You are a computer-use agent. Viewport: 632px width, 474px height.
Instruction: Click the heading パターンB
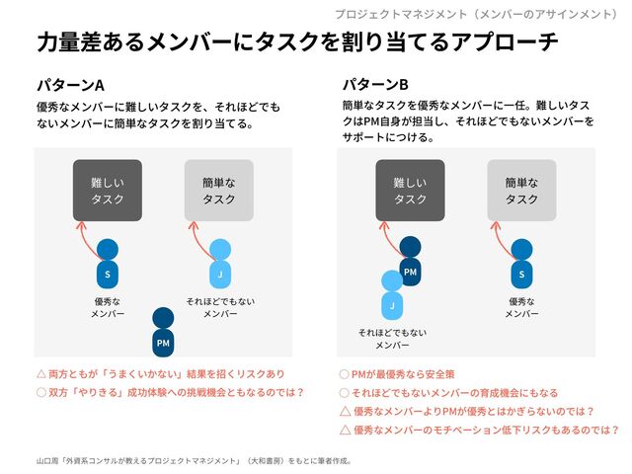pyautogui.click(x=375, y=84)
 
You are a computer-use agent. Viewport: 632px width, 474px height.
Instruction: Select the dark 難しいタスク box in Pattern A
pyautogui.click(x=107, y=191)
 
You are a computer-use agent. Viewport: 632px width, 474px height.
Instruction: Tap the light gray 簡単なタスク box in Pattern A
pyautogui.click(x=218, y=191)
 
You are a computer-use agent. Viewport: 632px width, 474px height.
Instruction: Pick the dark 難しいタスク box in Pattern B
pyautogui.click(x=410, y=191)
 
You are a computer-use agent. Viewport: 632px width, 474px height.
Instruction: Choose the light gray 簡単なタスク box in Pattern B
pyautogui.click(x=521, y=191)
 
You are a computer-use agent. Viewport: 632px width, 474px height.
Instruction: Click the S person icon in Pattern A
pyautogui.click(x=108, y=265)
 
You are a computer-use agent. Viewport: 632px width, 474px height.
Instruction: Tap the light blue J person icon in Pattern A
pyautogui.click(x=220, y=265)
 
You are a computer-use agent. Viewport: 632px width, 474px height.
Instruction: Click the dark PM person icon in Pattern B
pyautogui.click(x=411, y=262)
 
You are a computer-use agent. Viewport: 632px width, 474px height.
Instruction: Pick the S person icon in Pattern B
pyautogui.click(x=523, y=265)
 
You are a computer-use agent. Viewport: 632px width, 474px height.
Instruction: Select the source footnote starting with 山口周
pyautogui.click(x=194, y=459)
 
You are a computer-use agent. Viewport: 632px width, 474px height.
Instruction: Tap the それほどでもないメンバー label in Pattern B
pyautogui.click(x=392, y=339)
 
